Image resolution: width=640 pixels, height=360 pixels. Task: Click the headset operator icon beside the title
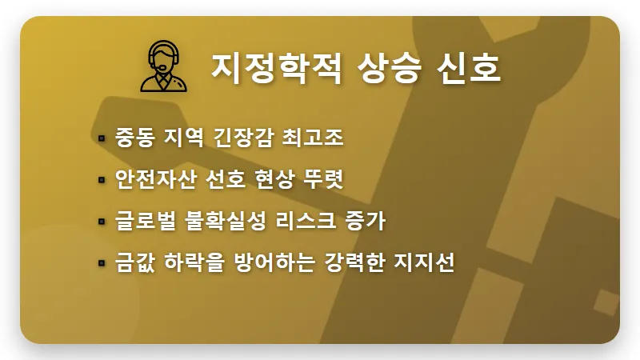[x=165, y=68]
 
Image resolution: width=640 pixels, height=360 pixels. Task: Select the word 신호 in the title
[x=470, y=68]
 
